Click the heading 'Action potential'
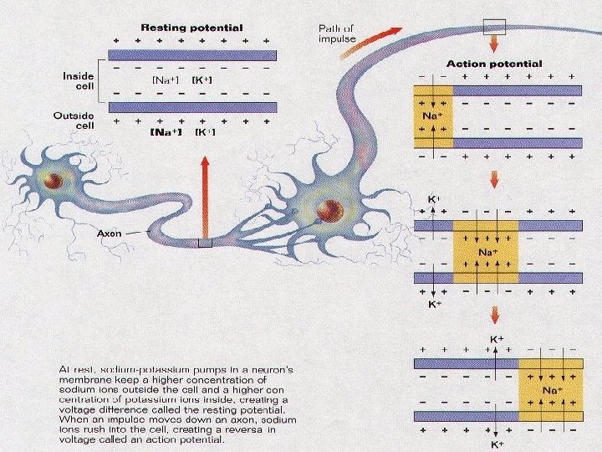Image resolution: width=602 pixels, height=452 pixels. pyautogui.click(x=495, y=64)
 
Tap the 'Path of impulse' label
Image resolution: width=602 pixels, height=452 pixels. pyautogui.click(x=338, y=33)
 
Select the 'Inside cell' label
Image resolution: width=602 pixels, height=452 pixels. pyautogui.click(x=79, y=82)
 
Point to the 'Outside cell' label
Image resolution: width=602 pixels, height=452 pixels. pyautogui.click(x=79, y=121)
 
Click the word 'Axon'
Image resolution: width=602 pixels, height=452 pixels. pyautogui.click(x=110, y=234)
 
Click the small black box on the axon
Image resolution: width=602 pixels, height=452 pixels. pyautogui.click(x=206, y=244)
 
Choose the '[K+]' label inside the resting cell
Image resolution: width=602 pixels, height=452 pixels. pyautogui.click(x=203, y=80)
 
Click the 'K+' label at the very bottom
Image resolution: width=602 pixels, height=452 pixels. pyautogui.click(x=497, y=446)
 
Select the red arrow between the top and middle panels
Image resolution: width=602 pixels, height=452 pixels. pyautogui.click(x=495, y=179)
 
